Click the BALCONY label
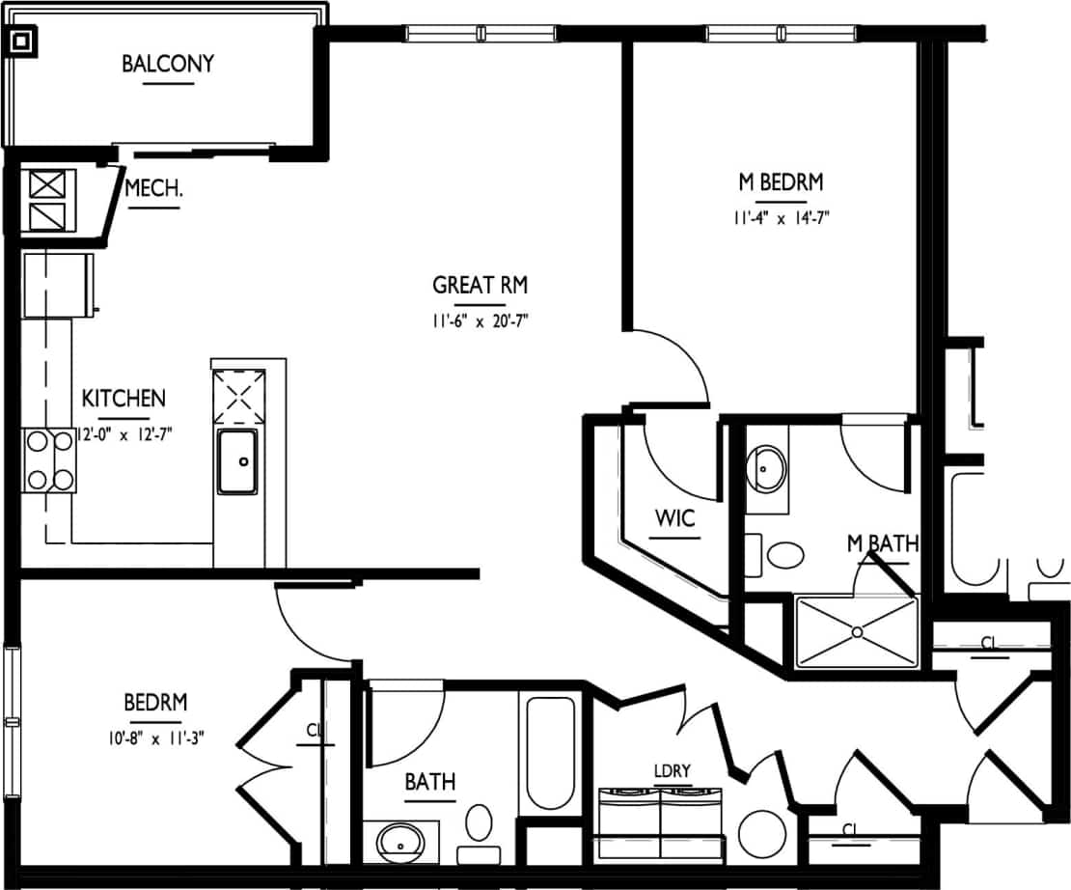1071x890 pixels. (168, 65)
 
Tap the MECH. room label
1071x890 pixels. (154, 189)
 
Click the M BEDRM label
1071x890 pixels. (780, 181)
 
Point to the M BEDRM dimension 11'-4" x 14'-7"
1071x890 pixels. (780, 217)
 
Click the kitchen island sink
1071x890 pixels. (236, 461)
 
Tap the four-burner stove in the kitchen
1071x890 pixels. (50, 460)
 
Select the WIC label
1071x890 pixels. (674, 518)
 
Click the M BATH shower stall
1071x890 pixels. (856, 632)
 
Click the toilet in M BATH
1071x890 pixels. (784, 555)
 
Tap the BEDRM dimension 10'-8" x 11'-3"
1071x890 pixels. (155, 737)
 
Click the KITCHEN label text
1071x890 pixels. (124, 398)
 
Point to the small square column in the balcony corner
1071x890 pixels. (21, 42)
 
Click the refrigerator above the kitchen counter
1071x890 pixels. (60, 284)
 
